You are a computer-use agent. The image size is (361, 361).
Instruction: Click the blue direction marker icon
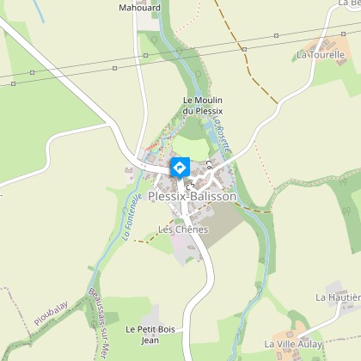180,166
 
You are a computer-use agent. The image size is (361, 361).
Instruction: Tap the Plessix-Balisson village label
192,197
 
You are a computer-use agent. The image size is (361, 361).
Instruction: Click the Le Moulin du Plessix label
203,106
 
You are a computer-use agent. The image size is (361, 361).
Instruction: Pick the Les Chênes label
183,229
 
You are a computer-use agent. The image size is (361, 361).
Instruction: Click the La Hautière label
337,297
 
